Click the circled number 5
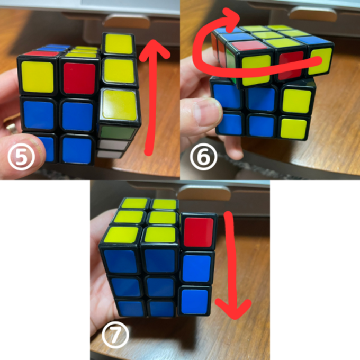[21, 157]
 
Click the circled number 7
[115, 335]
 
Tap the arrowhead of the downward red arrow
[233, 309]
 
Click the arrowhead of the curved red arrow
[231, 19]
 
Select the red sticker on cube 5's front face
[79, 78]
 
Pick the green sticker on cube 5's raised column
[118, 132]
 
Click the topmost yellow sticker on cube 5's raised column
[119, 44]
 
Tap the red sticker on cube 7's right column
[199, 232]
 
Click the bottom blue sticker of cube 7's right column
[195, 301]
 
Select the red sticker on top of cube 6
[249, 46]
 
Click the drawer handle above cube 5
[127, 21]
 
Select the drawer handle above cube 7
[204, 192]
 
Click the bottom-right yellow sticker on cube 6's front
[294, 128]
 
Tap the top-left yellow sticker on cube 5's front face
[38, 77]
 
